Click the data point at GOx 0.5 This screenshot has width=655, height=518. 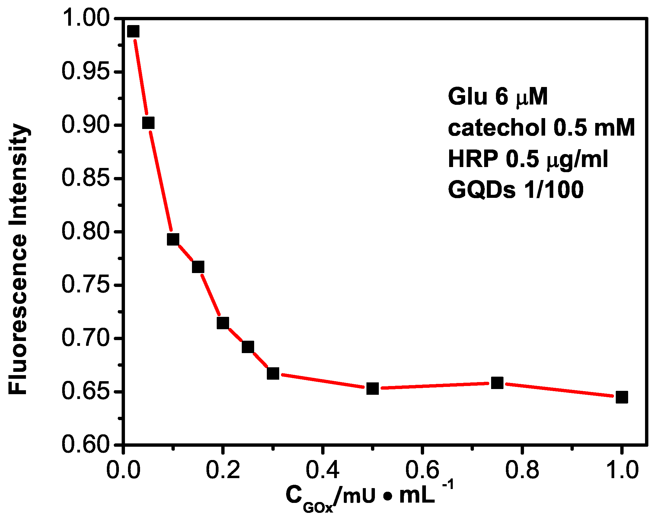coord(372,388)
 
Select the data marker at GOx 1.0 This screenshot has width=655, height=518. coord(622,397)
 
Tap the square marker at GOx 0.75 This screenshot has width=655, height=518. coord(497,383)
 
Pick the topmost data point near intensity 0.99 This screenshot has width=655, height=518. coord(133,31)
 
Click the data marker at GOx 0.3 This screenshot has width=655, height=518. coord(273,374)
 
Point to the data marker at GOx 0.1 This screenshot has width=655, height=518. coord(173,240)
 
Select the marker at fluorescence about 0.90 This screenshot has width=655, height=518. coord(148,123)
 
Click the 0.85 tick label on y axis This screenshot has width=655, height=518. coord(85,178)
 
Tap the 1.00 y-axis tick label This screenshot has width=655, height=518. coord(85,18)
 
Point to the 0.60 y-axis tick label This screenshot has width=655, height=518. coord(85,445)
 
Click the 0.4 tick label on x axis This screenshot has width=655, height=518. coord(322,470)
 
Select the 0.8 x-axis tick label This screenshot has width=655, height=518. coord(522,470)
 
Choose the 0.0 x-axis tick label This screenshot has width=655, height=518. coord(123,470)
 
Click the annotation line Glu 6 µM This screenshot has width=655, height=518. coord(498,97)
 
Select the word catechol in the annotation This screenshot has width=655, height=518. coord(497,128)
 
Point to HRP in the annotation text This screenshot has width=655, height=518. coord(473,159)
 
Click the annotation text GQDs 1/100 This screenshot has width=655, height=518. coord(516,190)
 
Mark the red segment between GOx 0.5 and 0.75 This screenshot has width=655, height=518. coord(435,386)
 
